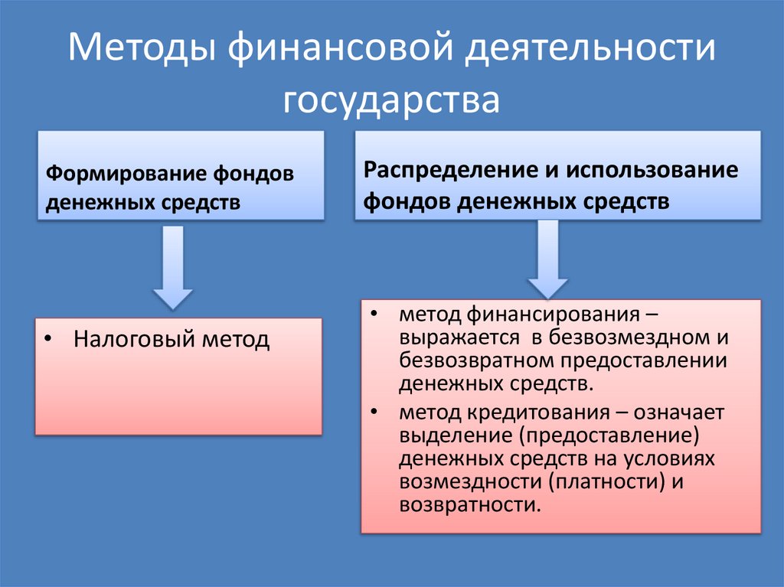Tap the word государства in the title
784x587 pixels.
pyautogui.click(x=391, y=99)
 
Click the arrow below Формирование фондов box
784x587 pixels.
pyautogui.click(x=171, y=269)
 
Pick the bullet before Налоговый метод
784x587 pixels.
pyautogui.click(x=47, y=339)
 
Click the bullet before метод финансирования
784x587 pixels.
pyautogui.click(x=373, y=315)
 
